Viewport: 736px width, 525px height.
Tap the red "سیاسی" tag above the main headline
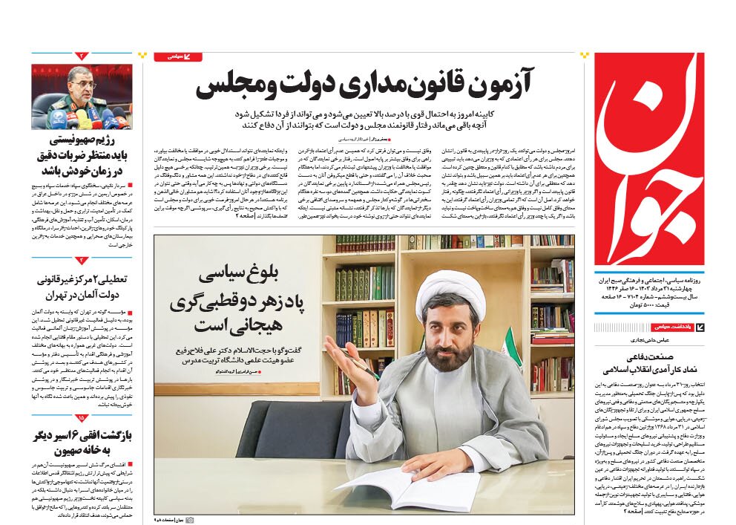(x=177, y=56)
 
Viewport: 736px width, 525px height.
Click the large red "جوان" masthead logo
(x=648, y=160)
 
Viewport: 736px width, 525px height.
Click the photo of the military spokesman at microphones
(x=81, y=97)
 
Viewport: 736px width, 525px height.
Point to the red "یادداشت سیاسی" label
(x=672, y=327)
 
